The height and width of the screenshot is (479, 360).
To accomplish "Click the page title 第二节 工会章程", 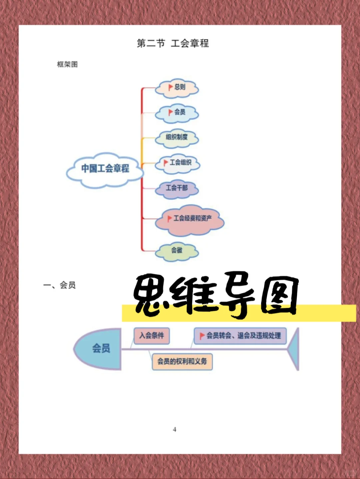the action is (173, 43).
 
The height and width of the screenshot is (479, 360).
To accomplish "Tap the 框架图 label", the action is (67, 64).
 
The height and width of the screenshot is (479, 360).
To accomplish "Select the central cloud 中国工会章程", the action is (105, 169).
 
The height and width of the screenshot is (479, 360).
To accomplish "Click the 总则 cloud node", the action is (177, 88).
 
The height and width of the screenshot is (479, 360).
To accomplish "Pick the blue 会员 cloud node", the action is (177, 113).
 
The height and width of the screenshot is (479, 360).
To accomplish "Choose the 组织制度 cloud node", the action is (177, 137).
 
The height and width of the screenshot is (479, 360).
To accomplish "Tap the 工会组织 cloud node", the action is (177, 163).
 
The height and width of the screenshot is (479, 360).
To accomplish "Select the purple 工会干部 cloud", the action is (177, 188).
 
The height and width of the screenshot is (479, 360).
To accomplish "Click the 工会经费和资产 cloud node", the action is (190, 219).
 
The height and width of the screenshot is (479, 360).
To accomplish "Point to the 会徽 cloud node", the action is (177, 250).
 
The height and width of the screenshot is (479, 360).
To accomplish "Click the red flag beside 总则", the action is (170, 87).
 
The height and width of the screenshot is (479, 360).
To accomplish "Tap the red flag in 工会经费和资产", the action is (170, 219).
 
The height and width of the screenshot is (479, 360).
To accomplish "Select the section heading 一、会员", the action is (60, 285).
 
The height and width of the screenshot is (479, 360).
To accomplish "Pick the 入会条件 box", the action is (152, 335).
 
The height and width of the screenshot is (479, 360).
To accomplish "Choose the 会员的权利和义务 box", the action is (182, 362).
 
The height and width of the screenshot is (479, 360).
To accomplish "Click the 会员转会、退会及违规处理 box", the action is (240, 336).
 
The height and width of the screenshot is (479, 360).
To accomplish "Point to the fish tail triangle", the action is (294, 349).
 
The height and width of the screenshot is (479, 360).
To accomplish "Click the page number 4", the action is (174, 429).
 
